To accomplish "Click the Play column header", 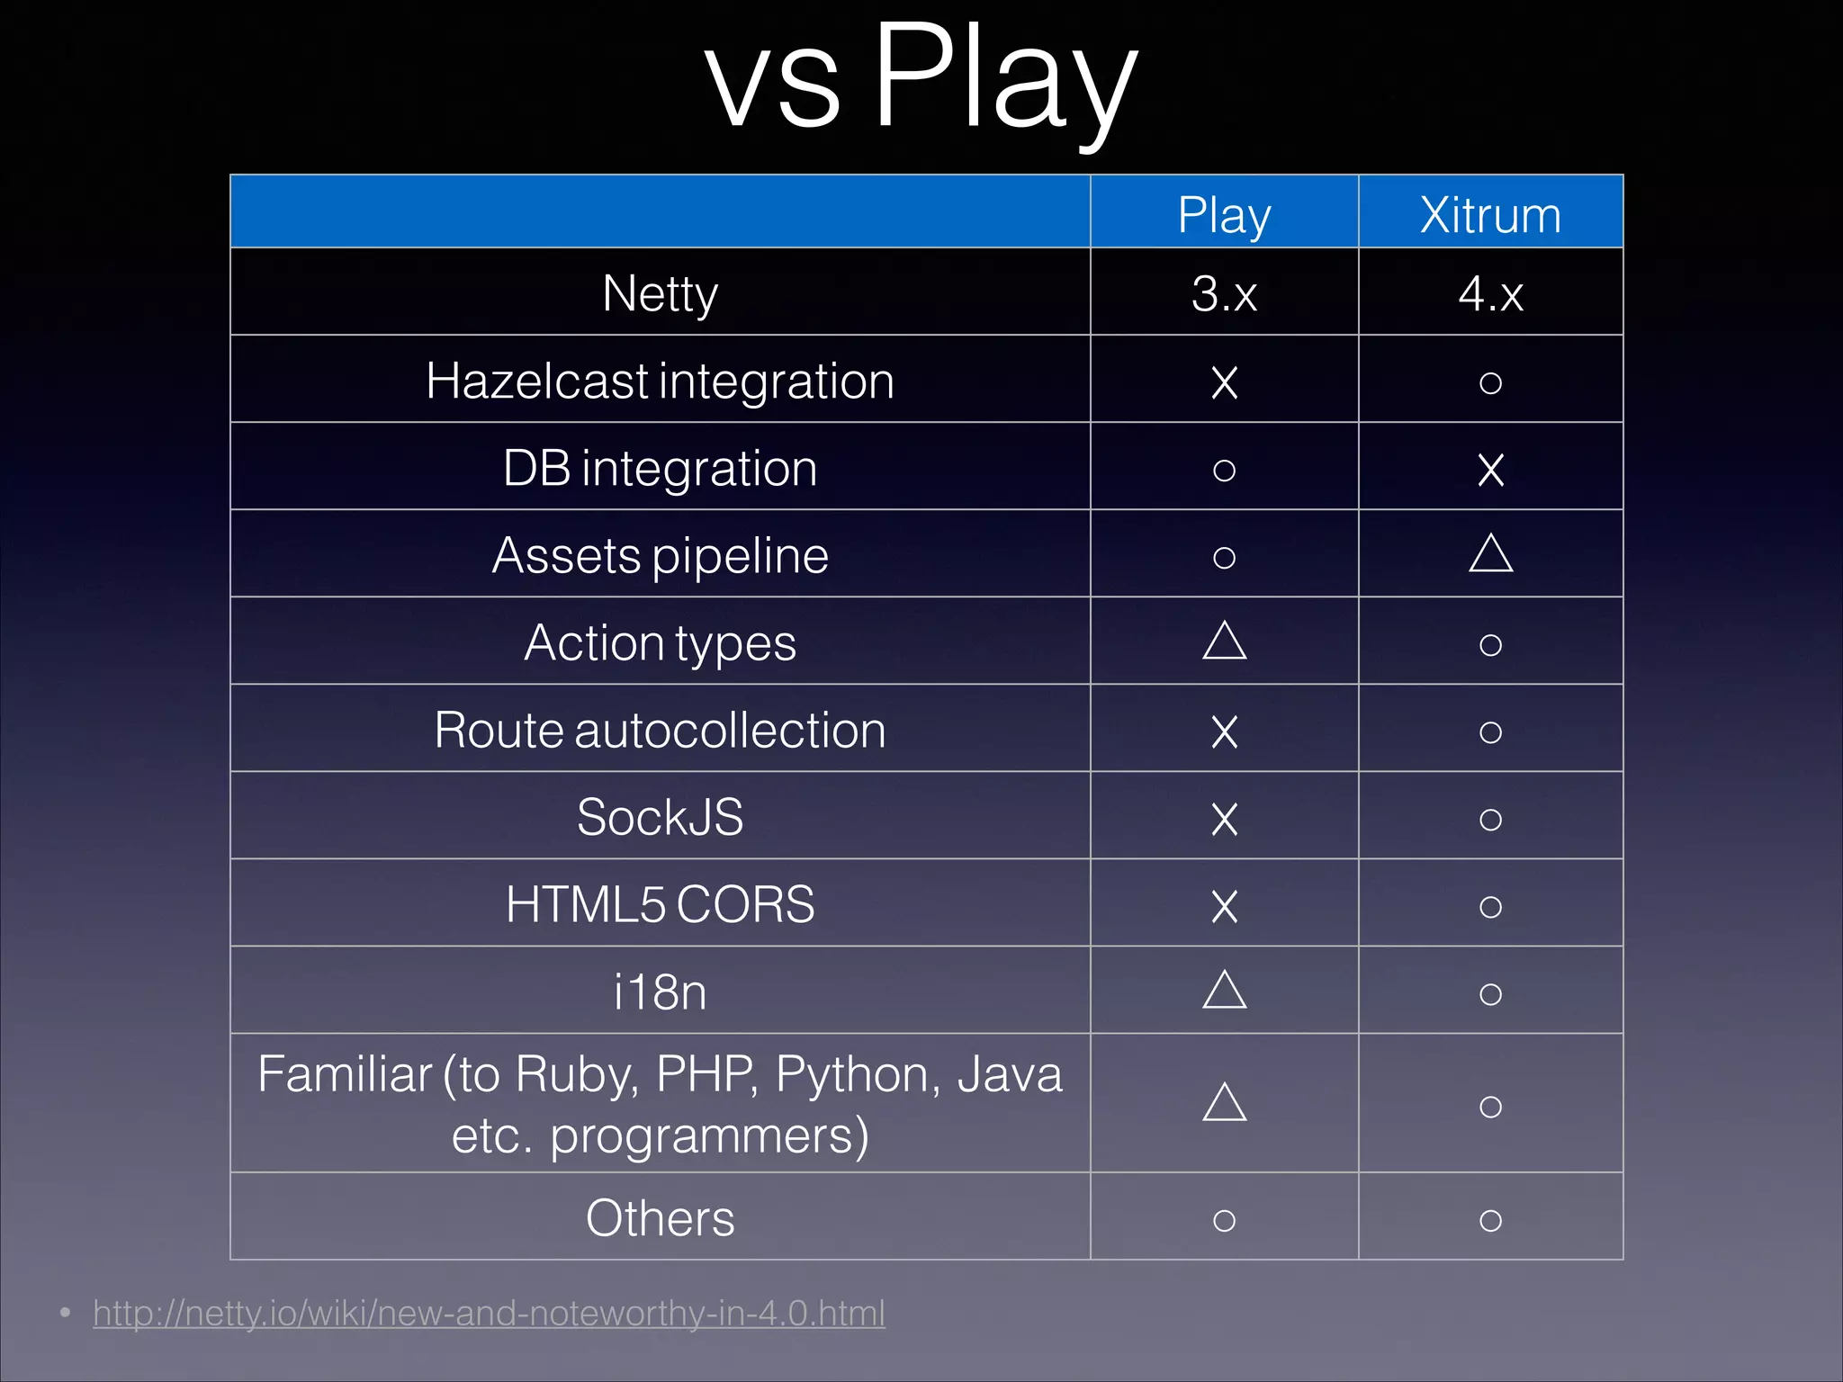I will pos(1224,216).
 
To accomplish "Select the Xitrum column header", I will pos(1490,216).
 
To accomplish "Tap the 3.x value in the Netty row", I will pos(1224,293).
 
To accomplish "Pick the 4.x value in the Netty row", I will pos(1490,293).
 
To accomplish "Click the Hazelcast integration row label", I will pos(660,381).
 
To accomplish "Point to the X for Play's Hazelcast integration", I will pos(1224,382).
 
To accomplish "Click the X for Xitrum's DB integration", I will pos(1490,470).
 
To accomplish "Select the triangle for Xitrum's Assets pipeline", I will pos(1490,553).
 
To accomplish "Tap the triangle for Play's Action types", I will pos(1224,641).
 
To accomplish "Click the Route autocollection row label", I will pos(660,730).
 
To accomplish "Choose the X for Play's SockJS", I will pos(1224,819).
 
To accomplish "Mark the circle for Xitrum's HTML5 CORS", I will pos(1490,906).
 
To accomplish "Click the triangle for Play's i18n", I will pos(1224,990).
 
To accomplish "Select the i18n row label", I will pos(660,992).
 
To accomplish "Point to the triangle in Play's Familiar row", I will pos(1224,1102).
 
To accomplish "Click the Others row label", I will pos(660,1218).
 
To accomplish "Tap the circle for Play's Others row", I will pos(1224,1220).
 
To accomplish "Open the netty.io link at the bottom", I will pos(489,1313).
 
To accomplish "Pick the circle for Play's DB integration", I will pos(1224,470).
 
